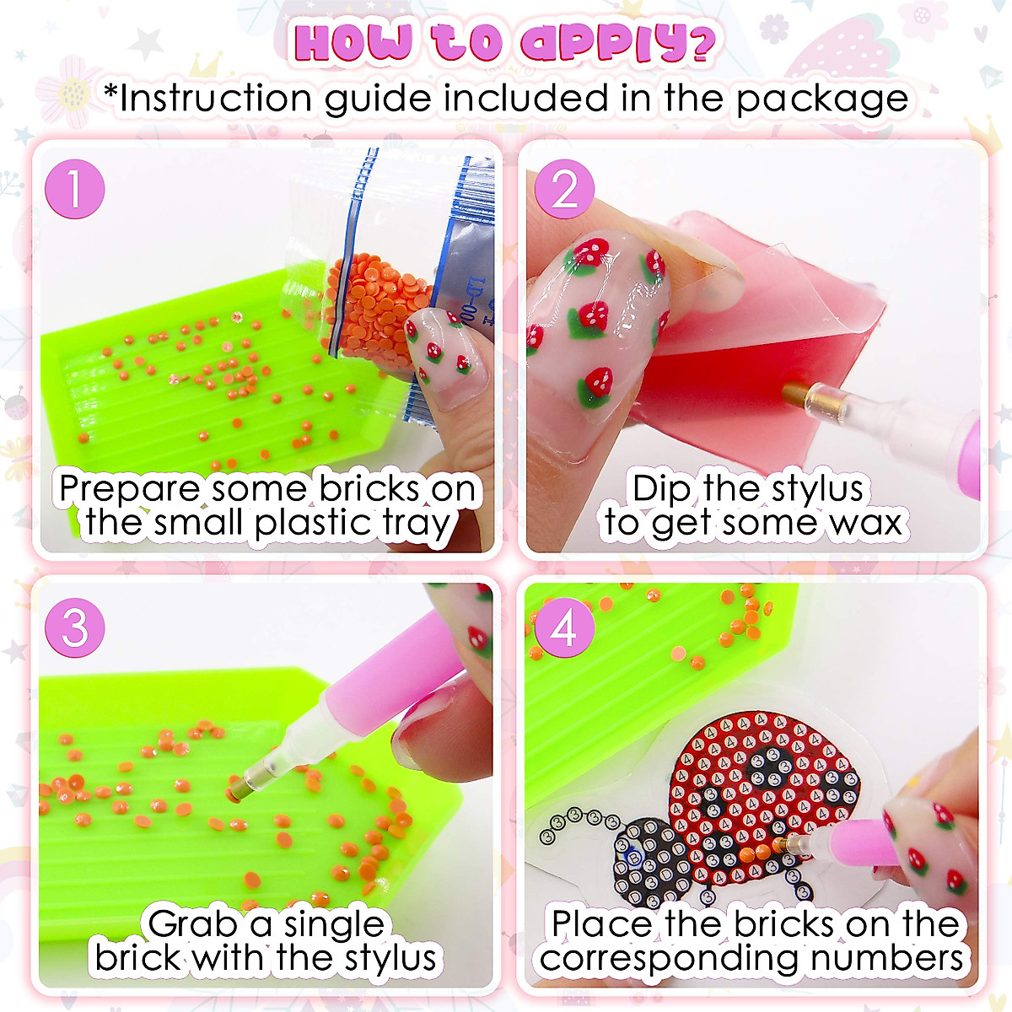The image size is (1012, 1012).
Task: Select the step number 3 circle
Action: pos(75,628)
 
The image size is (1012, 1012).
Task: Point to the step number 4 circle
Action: pos(563,628)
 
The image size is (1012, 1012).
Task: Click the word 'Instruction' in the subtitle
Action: pos(217,99)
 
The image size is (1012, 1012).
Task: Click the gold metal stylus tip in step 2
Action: pos(797,393)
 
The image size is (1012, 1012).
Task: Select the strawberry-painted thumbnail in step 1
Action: pos(443,354)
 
